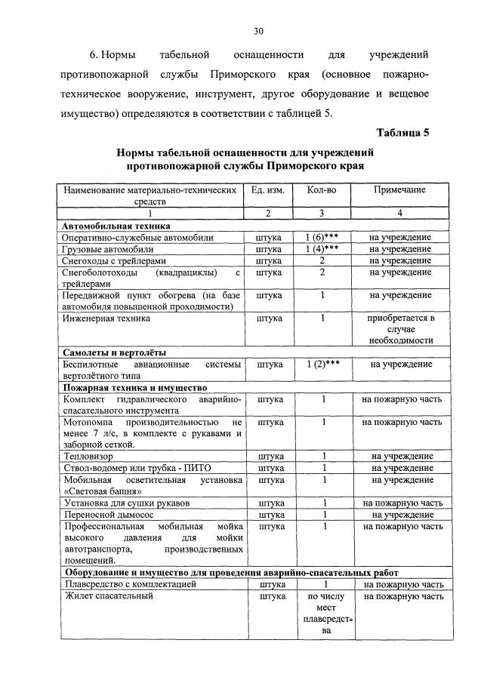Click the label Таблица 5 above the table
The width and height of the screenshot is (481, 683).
pyautogui.click(x=402, y=133)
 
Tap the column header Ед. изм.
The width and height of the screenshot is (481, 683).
pyautogui.click(x=270, y=191)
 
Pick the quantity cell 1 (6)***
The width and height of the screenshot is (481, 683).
pyautogui.click(x=322, y=237)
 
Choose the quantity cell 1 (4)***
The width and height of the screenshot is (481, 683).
pyautogui.click(x=322, y=248)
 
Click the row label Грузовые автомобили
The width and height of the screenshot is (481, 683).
pyautogui.click(x=109, y=248)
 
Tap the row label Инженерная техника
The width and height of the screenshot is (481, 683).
pyautogui.click(x=107, y=318)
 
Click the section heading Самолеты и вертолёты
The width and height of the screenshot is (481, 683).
pyautogui.click(x=114, y=352)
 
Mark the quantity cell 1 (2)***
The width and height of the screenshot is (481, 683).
pyautogui.click(x=322, y=364)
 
